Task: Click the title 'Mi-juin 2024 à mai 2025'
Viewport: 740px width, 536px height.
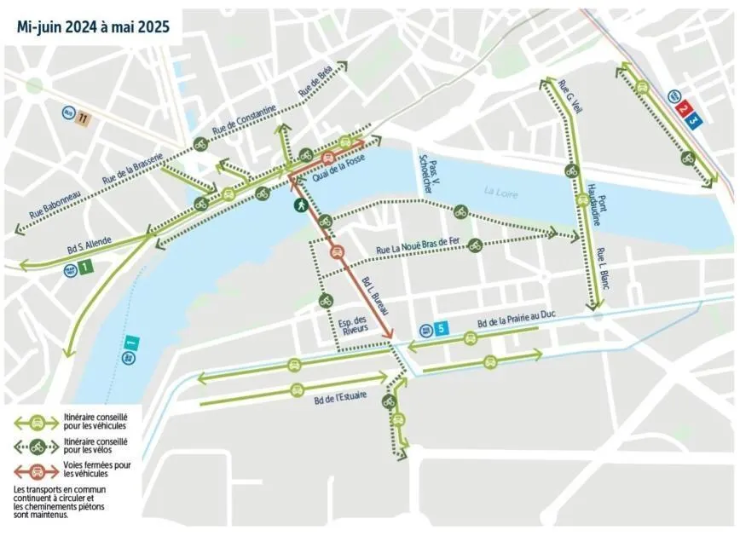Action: pos(93,26)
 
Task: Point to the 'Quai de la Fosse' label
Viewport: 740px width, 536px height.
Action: pos(344,167)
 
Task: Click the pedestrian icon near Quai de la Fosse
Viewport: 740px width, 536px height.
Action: pos(301,205)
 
